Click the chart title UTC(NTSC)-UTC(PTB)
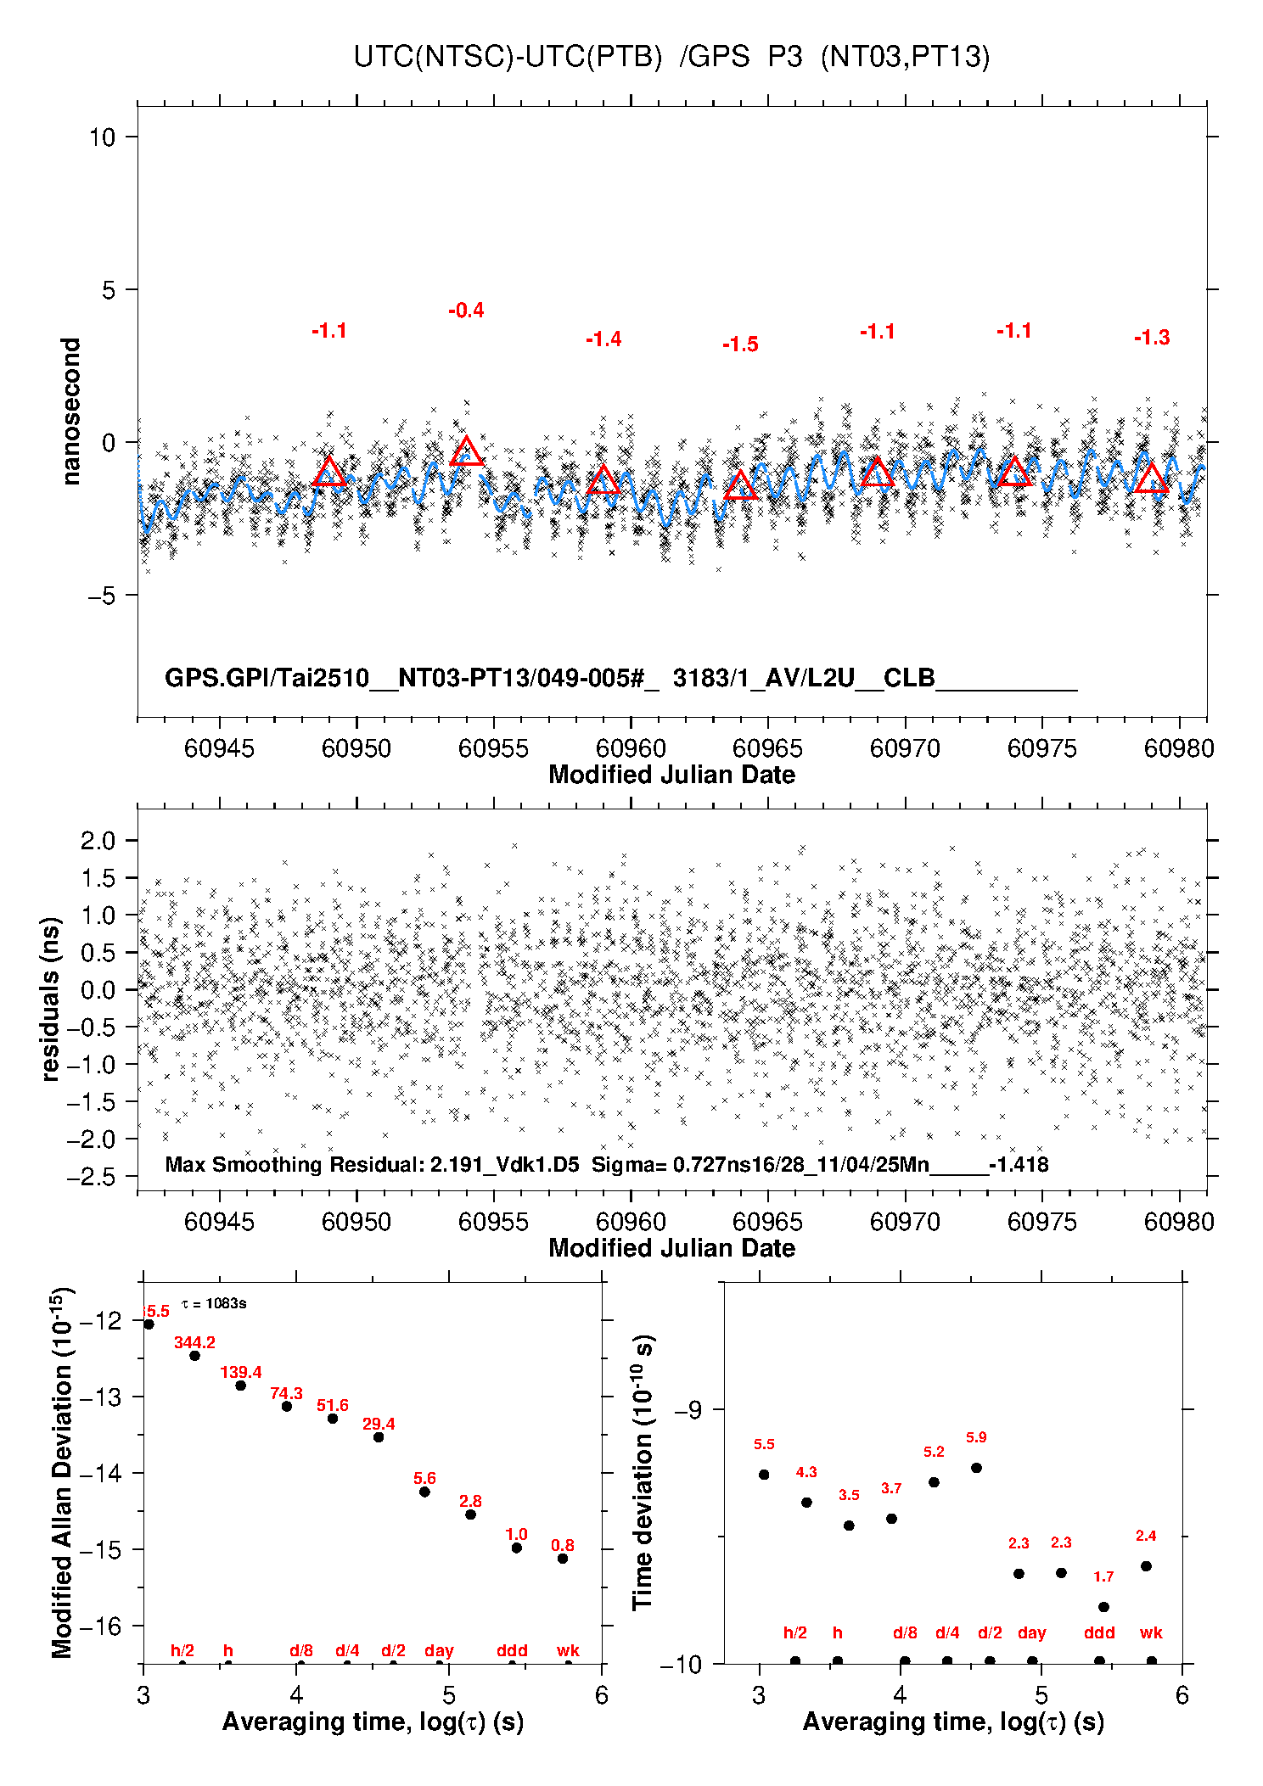pyautogui.click(x=508, y=57)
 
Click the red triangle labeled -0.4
pyautogui.click(x=466, y=452)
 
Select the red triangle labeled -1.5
pyautogui.click(x=740, y=486)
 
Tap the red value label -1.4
pyautogui.click(x=603, y=339)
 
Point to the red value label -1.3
pyautogui.click(x=1152, y=338)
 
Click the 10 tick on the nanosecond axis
pyautogui.click(x=103, y=137)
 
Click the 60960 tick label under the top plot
pyautogui.click(x=631, y=748)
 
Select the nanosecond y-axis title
pyautogui.click(x=71, y=412)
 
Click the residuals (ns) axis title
pyautogui.click(x=51, y=999)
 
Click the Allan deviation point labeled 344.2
pyautogui.click(x=194, y=1356)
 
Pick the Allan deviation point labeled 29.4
pyautogui.click(x=379, y=1437)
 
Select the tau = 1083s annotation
pyautogui.click(x=214, y=1303)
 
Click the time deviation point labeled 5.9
pyautogui.click(x=976, y=1468)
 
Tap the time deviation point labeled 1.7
pyautogui.click(x=1103, y=1607)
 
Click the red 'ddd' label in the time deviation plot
pyautogui.click(x=1099, y=1632)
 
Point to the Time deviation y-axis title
pyautogui.click(x=643, y=1473)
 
